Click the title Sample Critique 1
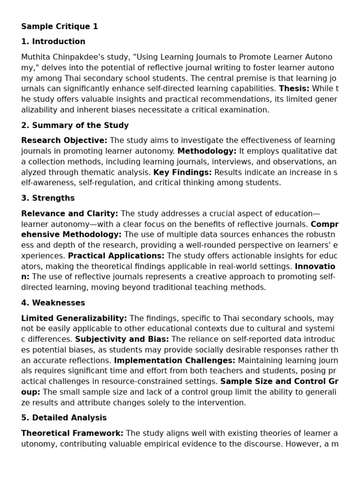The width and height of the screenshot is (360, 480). (x=60, y=27)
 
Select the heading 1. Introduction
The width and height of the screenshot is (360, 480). (x=53, y=42)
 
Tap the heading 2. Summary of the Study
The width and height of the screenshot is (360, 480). (x=75, y=126)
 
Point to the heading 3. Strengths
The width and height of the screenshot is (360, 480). (x=48, y=198)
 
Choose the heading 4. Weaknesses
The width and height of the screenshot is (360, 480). (x=53, y=303)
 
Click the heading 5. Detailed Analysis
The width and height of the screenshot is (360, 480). (x=64, y=418)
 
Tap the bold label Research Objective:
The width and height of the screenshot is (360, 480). (x=64, y=141)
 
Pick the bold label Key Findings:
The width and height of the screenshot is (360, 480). (x=183, y=172)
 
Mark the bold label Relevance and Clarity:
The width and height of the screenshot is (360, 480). (x=69, y=214)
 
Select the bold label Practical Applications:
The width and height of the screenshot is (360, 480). (x=116, y=256)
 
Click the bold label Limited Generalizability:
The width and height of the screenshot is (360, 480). (x=74, y=318)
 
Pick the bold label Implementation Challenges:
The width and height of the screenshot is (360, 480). (x=174, y=360)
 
